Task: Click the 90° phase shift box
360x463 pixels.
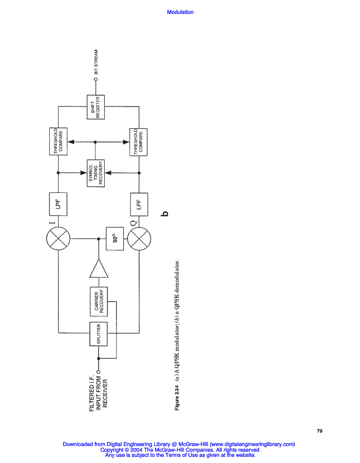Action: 115,239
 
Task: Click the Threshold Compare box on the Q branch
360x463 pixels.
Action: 138,141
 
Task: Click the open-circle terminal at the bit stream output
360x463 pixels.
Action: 96,79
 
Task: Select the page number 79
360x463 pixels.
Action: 319,431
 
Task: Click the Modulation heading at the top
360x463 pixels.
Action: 180,12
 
